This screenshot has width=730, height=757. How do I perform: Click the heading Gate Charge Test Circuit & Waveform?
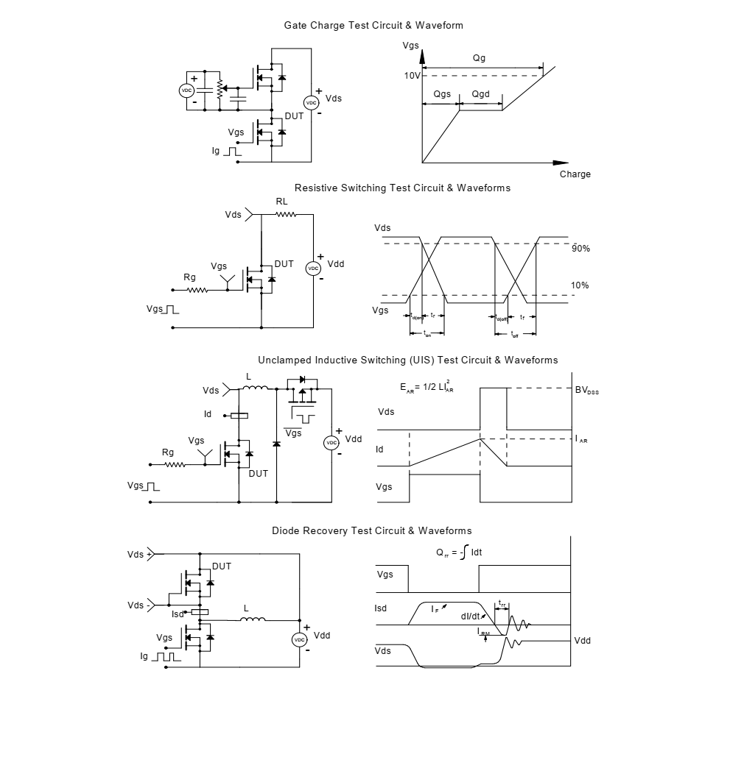coord(373,26)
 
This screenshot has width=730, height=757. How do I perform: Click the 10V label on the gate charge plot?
coord(412,76)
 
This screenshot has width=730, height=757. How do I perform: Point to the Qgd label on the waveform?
coord(480,95)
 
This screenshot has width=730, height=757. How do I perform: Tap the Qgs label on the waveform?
coord(442,95)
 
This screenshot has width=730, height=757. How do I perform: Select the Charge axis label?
coord(575,174)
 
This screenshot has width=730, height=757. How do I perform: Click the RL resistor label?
coord(282,201)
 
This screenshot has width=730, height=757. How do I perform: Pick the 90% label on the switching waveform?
coord(580,249)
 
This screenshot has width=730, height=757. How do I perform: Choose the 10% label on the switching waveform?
coord(580,285)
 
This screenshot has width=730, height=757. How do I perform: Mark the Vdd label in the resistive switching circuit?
coord(335,264)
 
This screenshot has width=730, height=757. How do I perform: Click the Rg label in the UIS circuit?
coord(168,452)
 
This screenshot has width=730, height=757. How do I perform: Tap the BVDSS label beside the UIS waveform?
coord(586,391)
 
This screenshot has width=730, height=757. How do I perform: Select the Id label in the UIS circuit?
coord(208,414)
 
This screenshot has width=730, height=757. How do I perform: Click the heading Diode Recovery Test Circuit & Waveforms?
coord(371,530)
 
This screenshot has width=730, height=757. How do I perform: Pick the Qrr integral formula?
coord(459,552)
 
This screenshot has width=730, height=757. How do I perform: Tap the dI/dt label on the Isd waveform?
coord(471,616)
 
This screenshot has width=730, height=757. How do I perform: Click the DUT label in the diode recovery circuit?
coord(221,566)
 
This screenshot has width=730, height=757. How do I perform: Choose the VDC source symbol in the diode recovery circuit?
coord(299,640)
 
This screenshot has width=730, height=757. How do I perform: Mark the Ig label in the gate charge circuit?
coord(216,151)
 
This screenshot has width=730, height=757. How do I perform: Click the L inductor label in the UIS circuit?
coord(248,376)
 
